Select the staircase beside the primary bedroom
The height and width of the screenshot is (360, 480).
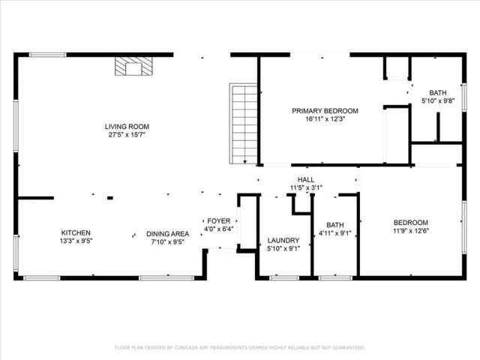[x=244, y=124]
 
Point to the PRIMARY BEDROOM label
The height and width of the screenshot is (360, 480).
[x=325, y=111]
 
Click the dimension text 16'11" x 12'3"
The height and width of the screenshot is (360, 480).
[x=325, y=119]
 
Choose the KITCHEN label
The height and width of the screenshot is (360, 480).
[x=76, y=232]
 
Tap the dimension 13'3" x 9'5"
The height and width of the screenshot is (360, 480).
[x=76, y=241]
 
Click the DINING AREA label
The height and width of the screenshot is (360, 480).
[x=167, y=233]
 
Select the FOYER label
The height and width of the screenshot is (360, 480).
[x=219, y=220]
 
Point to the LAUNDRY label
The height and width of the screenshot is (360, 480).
[x=283, y=241]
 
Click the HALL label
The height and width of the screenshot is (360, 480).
[x=306, y=180]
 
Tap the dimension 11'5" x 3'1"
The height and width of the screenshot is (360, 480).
[x=306, y=188]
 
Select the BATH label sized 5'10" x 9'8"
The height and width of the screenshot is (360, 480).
[x=437, y=92]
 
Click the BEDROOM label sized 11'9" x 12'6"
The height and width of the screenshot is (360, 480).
[x=411, y=222]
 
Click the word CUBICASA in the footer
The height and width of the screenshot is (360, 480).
[x=193, y=348]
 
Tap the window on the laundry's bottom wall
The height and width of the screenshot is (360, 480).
[x=284, y=277]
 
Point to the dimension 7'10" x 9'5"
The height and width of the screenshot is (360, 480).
[x=167, y=242]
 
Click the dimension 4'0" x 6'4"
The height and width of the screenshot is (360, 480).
[x=219, y=229]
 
